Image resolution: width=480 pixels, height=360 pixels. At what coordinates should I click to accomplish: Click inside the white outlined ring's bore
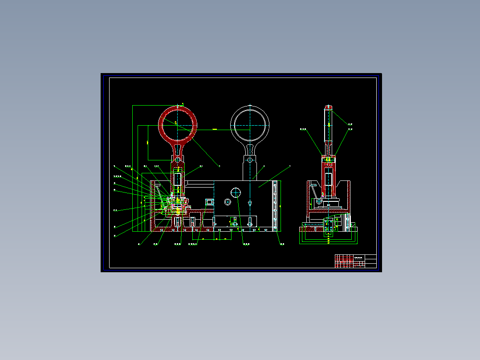250,124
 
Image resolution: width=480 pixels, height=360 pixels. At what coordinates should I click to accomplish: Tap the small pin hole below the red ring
178,159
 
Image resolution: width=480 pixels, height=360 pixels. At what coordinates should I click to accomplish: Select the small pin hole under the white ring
250,159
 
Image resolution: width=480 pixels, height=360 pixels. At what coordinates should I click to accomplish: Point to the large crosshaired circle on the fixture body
236,192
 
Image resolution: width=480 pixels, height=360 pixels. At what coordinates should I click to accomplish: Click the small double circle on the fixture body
228,202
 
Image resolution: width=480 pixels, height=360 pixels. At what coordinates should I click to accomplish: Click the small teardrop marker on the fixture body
250,202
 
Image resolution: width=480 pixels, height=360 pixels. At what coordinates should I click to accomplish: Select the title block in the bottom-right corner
355,261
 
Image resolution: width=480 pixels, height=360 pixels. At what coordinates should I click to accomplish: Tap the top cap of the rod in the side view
329,107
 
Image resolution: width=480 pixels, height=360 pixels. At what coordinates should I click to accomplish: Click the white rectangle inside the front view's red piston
178,180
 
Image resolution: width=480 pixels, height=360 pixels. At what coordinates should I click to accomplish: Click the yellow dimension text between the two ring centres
215,129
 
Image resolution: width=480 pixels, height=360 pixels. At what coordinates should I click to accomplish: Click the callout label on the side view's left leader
303,129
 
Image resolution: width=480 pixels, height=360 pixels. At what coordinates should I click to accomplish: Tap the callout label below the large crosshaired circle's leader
245,244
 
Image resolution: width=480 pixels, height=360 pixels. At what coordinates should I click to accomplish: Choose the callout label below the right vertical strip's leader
282,244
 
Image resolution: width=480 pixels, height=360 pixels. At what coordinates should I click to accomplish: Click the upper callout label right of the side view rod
350,124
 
